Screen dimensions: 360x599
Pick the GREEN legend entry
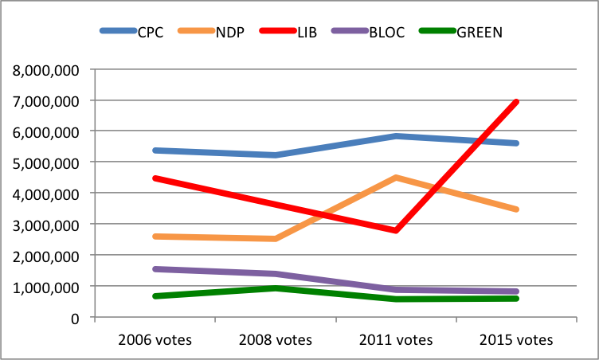point(480,32)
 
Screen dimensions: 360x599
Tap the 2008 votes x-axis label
point(275,339)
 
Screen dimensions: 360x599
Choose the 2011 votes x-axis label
point(396,339)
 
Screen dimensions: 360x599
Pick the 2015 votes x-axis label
point(516,339)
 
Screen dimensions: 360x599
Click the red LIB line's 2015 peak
point(516,102)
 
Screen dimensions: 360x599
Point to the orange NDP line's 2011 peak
point(396,178)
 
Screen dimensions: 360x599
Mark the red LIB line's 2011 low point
point(396,230)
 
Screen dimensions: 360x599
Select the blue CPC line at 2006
point(155,150)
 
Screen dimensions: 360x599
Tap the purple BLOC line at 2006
point(155,269)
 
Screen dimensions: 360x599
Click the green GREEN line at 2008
point(275,288)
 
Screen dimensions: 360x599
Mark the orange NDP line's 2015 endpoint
point(516,209)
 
